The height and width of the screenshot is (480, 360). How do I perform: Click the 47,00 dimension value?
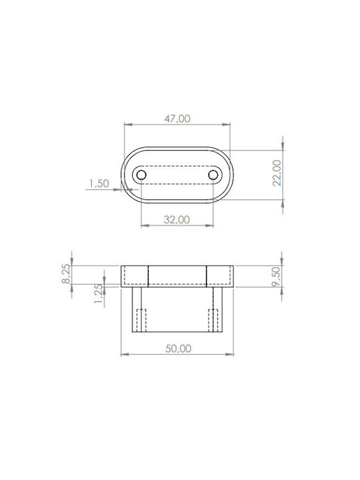177,119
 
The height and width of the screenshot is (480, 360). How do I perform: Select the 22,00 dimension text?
277,173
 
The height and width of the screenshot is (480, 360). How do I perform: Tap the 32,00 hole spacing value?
177,219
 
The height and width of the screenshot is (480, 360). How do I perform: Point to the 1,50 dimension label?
99,183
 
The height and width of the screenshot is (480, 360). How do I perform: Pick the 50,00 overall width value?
179,349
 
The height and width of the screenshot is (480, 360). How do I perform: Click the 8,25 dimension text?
67,274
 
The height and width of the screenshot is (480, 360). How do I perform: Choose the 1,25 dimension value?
98,293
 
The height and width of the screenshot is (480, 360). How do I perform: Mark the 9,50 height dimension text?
276,277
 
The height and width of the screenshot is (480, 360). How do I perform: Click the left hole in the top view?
141,175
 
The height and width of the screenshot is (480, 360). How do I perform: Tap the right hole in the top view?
213,175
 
